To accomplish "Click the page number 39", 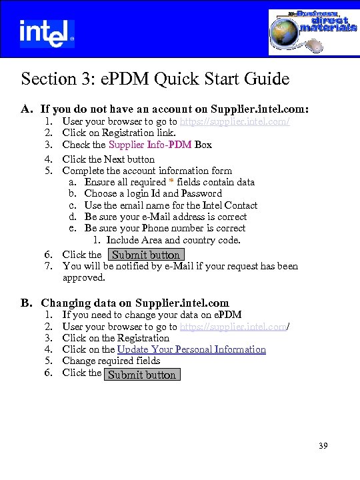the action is (323, 446).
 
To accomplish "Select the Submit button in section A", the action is (146, 255).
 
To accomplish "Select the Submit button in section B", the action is (142, 375).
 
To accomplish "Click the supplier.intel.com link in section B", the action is (234, 327).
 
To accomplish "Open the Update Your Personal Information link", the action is (191, 349).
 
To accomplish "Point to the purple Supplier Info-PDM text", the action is (151, 145).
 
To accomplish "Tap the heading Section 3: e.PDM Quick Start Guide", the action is (155, 79).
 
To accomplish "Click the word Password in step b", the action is (201, 193).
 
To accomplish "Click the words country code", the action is (211, 240).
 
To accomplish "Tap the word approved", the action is (83, 277).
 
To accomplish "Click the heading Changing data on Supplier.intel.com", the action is (135, 303).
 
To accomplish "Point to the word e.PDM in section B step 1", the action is (227, 315).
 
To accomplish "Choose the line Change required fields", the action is (111, 361).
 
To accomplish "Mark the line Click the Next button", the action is (108, 159).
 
